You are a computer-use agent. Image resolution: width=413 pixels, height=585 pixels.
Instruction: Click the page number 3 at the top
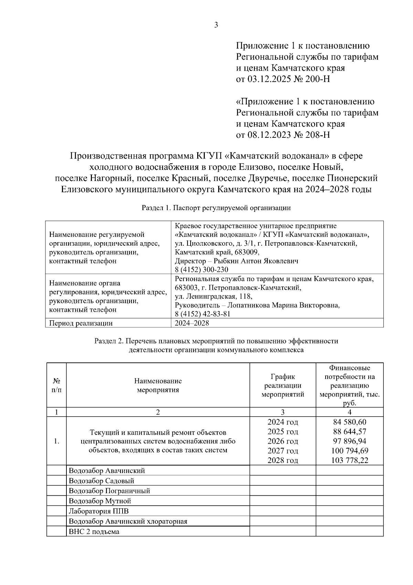pos(216,25)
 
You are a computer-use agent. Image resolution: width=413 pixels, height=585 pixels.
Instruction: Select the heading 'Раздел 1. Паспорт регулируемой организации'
pos(216,208)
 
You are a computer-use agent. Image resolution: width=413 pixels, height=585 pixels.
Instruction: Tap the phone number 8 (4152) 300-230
pos(201,269)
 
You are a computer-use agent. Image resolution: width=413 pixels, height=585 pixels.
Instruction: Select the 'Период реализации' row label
pos(81,323)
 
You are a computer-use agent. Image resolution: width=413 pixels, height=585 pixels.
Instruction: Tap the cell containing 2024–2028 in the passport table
pos(192,323)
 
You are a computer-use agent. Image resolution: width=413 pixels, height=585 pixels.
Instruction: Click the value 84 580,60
pos(349,422)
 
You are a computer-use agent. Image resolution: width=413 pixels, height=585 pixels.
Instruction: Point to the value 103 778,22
pos(349,460)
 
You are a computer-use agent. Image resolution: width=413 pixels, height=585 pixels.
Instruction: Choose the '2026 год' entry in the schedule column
pos(283,441)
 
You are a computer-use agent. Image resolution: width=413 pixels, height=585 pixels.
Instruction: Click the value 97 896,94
pos(349,441)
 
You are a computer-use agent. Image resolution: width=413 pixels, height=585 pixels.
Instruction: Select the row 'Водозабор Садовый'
pos(102,481)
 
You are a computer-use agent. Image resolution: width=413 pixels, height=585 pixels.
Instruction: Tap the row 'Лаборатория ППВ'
pos(99,511)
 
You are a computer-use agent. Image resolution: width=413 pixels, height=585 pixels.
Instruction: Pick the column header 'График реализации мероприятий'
pos(283,386)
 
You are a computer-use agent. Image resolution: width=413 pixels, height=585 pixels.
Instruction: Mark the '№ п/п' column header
pos(56,386)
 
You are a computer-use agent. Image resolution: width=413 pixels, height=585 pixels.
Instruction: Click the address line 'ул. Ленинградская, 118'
pos(213,296)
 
